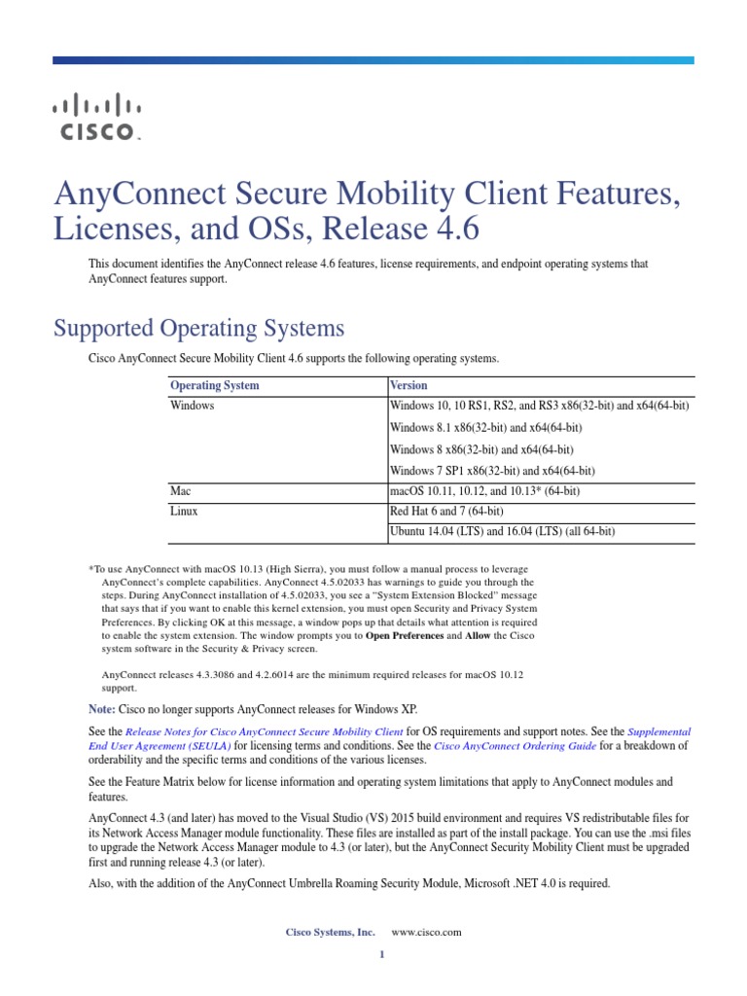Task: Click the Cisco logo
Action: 96,117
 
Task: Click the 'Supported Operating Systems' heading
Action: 198,327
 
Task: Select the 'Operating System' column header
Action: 215,386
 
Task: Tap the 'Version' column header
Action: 409,386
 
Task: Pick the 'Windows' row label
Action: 192,406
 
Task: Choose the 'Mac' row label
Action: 180,492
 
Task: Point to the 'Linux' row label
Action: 184,512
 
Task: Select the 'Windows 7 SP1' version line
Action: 492,471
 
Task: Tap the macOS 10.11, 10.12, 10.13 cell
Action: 484,492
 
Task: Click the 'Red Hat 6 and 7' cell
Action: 446,512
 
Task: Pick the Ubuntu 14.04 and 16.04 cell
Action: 502,532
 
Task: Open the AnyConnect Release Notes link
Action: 265,731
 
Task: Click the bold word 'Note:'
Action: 102,709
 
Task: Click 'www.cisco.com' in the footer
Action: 426,932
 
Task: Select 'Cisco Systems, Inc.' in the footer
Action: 330,932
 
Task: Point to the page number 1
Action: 382,954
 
